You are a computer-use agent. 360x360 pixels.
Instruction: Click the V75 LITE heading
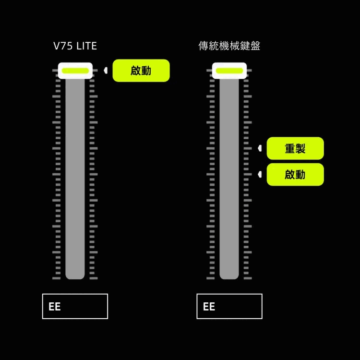(x=75, y=46)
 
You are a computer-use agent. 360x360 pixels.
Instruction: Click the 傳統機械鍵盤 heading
(x=229, y=46)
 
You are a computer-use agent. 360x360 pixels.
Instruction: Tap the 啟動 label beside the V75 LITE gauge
(x=141, y=71)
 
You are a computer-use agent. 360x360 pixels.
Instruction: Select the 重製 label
(x=295, y=148)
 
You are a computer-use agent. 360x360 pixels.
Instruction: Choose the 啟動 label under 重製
(x=295, y=174)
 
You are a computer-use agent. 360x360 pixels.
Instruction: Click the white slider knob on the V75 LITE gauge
(x=75, y=71)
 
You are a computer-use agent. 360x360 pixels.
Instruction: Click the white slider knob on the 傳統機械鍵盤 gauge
(x=229, y=71)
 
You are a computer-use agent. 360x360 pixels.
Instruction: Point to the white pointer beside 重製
(x=260, y=148)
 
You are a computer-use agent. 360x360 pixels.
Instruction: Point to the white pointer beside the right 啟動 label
(x=260, y=174)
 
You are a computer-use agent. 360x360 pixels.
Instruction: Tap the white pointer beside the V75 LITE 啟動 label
(x=106, y=71)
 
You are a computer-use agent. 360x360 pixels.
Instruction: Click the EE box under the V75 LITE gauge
(x=75, y=306)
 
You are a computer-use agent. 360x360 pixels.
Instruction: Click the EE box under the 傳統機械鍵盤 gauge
(x=229, y=306)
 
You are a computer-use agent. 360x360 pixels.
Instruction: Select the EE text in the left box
(x=55, y=307)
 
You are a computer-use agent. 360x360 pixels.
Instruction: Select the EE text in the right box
(x=209, y=307)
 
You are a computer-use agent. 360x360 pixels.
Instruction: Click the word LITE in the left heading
(x=87, y=46)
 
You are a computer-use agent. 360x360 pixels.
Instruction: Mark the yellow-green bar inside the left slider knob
(x=75, y=71)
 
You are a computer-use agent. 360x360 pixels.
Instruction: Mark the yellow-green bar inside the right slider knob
(x=229, y=71)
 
